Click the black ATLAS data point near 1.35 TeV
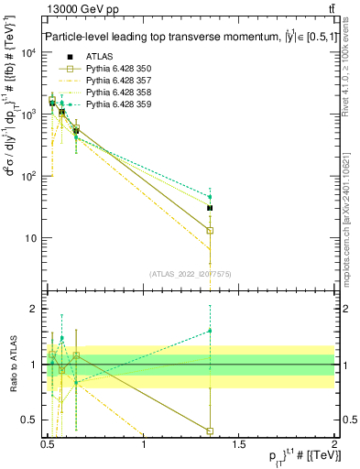tap(210, 208)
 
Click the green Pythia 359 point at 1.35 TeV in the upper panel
tap(210, 197)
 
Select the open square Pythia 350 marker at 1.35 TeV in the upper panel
tap(210, 230)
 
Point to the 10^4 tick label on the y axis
tap(28, 52)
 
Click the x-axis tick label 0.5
tap(48, 444)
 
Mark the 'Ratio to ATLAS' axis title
tap(12, 365)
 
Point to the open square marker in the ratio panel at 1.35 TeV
tap(210, 431)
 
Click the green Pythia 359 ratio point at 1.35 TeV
tap(210, 331)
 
